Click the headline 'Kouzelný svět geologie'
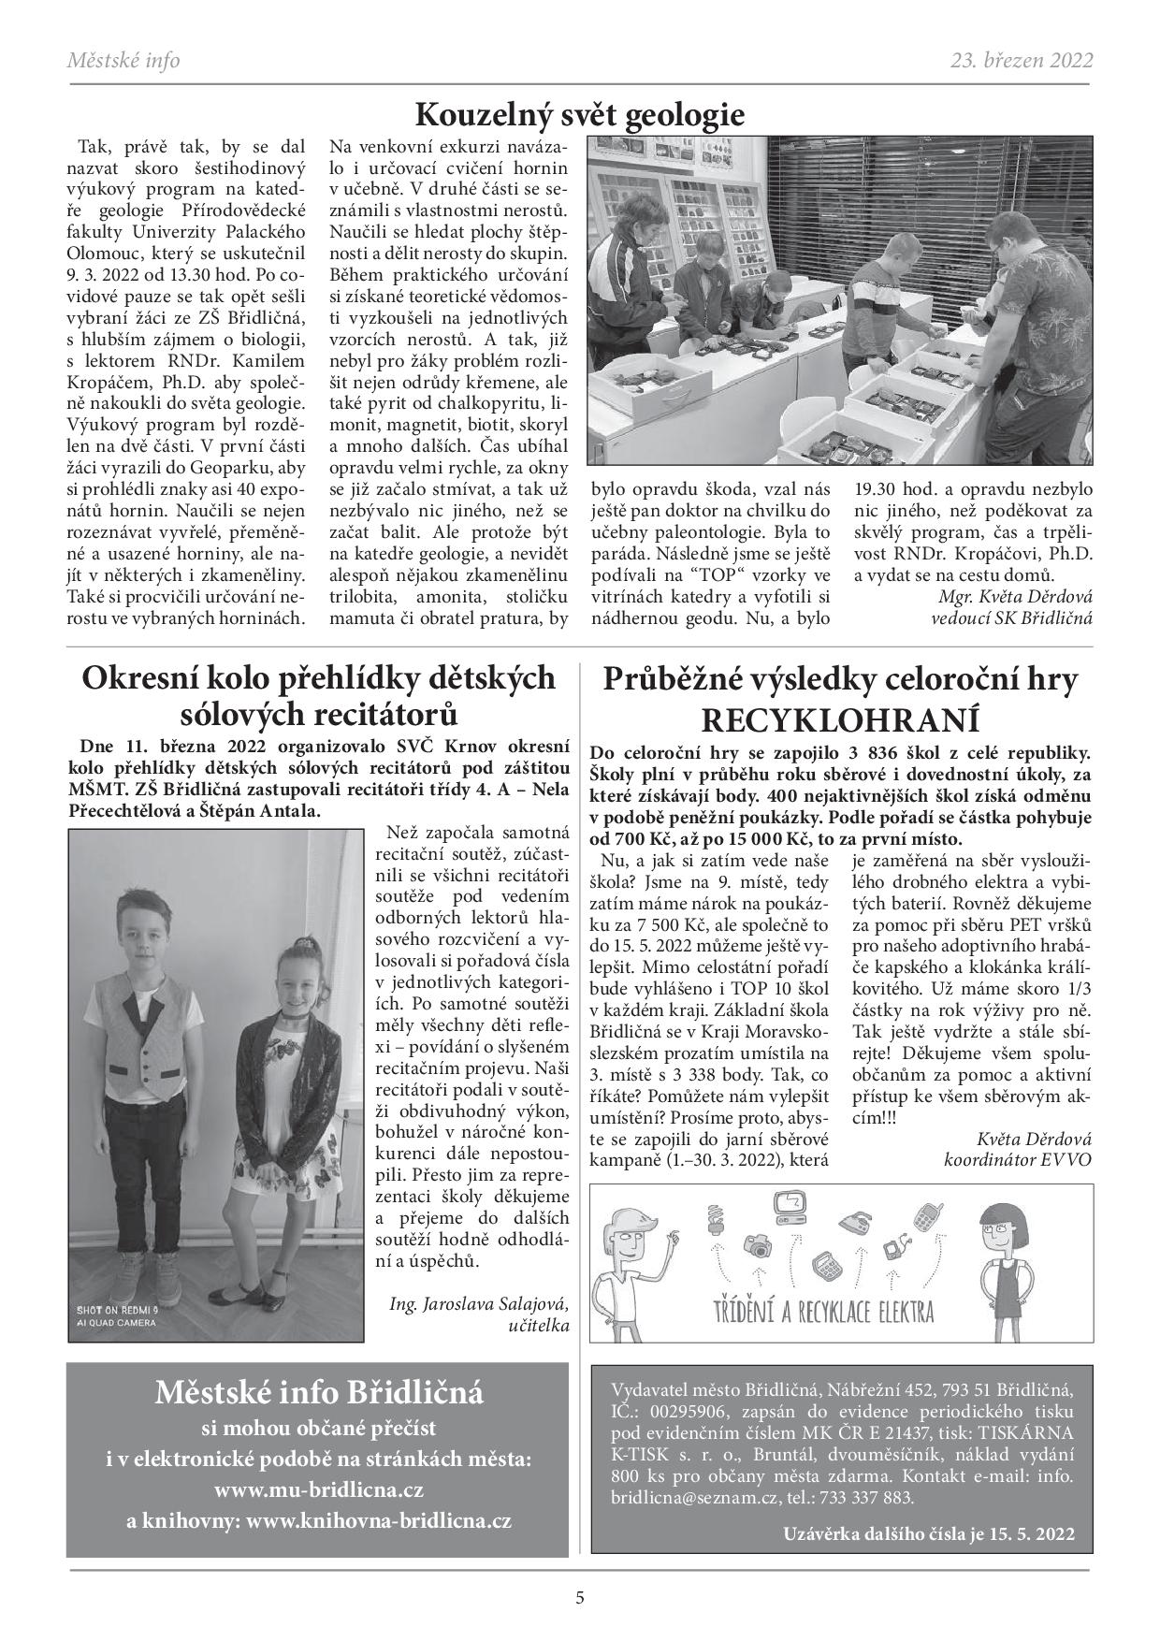579,115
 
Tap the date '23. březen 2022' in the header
1022,61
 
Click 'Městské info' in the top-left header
123,61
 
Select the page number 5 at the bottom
580,1597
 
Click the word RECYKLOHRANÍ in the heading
839,721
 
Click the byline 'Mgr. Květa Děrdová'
1014,596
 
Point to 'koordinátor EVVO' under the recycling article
1018,1159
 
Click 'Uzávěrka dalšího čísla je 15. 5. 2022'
926,1534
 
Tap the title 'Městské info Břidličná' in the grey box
318,1394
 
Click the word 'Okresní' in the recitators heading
142,678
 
